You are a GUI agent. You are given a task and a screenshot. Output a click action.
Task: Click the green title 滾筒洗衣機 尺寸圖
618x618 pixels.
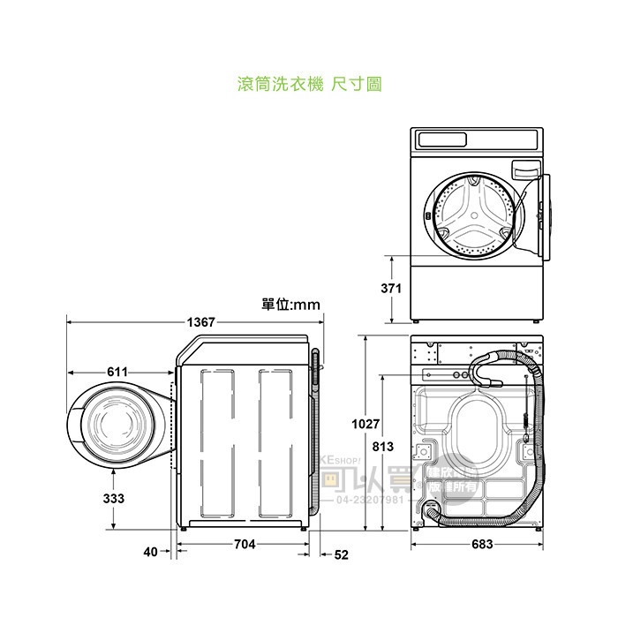[309, 85]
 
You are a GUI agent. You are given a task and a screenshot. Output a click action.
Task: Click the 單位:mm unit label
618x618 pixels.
[290, 305]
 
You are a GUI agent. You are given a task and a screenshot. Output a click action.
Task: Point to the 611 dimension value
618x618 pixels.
[117, 372]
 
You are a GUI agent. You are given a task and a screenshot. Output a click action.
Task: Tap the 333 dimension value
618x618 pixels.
[114, 499]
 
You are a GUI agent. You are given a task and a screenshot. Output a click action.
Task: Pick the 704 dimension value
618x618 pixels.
[245, 545]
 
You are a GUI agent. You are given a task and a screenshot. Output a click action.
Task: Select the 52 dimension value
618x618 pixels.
[342, 554]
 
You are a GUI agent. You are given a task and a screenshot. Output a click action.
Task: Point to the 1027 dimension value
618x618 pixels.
[366, 425]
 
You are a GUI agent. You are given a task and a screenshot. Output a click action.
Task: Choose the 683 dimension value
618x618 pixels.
[481, 545]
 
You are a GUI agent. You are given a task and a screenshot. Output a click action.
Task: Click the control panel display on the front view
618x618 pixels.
[441, 139]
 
